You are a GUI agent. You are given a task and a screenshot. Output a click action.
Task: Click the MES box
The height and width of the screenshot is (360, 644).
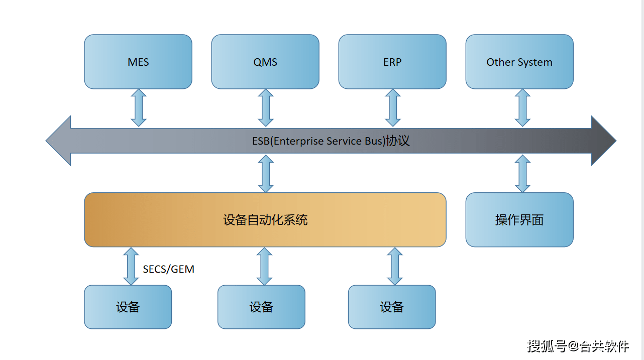point(138,62)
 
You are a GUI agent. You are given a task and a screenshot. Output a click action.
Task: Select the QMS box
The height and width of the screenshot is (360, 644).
point(265,62)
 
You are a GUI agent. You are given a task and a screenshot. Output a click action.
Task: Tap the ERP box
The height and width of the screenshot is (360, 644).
point(392,62)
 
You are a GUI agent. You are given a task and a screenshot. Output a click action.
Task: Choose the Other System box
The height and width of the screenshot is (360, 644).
point(519,62)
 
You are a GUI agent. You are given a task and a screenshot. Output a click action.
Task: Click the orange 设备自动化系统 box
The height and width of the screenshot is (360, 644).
point(265,220)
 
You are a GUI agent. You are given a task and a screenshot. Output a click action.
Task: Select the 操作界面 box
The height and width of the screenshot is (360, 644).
point(519,220)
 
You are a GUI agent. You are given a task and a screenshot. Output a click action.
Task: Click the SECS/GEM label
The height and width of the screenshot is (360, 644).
point(168,269)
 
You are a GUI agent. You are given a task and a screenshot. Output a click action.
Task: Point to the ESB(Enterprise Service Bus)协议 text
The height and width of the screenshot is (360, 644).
point(331,141)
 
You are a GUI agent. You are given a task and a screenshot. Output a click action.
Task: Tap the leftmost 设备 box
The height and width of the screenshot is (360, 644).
point(128,307)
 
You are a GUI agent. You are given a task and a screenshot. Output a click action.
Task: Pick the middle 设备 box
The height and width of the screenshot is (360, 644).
point(261,307)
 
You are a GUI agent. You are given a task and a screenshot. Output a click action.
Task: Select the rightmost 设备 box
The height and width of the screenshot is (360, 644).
point(392,307)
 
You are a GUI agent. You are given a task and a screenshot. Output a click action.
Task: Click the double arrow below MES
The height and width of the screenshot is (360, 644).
point(139,108)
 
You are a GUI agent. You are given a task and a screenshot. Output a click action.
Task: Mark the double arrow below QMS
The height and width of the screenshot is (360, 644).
point(266,108)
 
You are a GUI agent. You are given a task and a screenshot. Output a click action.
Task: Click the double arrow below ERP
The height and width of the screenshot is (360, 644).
point(393,108)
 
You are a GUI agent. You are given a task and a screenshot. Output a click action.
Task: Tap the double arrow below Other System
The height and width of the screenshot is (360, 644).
point(522,108)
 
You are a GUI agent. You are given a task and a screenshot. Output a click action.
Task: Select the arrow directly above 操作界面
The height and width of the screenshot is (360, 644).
point(522,173)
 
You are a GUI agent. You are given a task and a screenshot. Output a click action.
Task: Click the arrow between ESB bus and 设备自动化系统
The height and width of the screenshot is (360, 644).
point(266,173)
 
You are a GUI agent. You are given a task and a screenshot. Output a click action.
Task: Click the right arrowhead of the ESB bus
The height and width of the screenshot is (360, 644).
point(603,141)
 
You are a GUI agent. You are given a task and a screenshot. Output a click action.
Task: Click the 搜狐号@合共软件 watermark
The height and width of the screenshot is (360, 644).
point(578,346)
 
